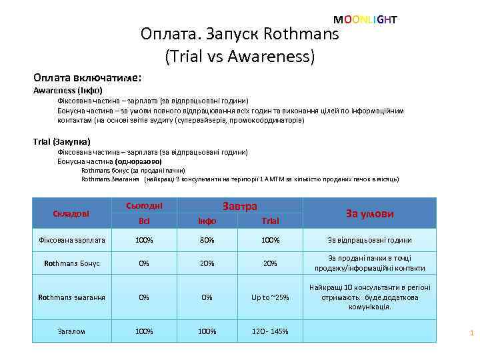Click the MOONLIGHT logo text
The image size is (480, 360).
[x=365, y=20]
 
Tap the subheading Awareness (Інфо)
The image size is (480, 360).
[x=68, y=90]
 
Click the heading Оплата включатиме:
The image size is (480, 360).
[x=87, y=77]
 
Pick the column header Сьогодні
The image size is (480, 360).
[x=144, y=206]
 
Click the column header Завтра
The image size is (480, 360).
[x=239, y=207]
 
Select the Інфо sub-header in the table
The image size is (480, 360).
[x=208, y=221]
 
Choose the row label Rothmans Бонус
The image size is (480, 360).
[x=72, y=263]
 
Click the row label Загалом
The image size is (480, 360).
[x=71, y=331]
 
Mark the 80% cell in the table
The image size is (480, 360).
[x=208, y=240]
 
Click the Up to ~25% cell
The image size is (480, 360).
[x=270, y=297]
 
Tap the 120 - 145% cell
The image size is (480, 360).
[x=270, y=331]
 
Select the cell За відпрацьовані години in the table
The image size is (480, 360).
[x=369, y=240]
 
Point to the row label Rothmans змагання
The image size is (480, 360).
[x=72, y=297]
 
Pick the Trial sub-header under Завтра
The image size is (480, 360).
[x=270, y=221]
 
